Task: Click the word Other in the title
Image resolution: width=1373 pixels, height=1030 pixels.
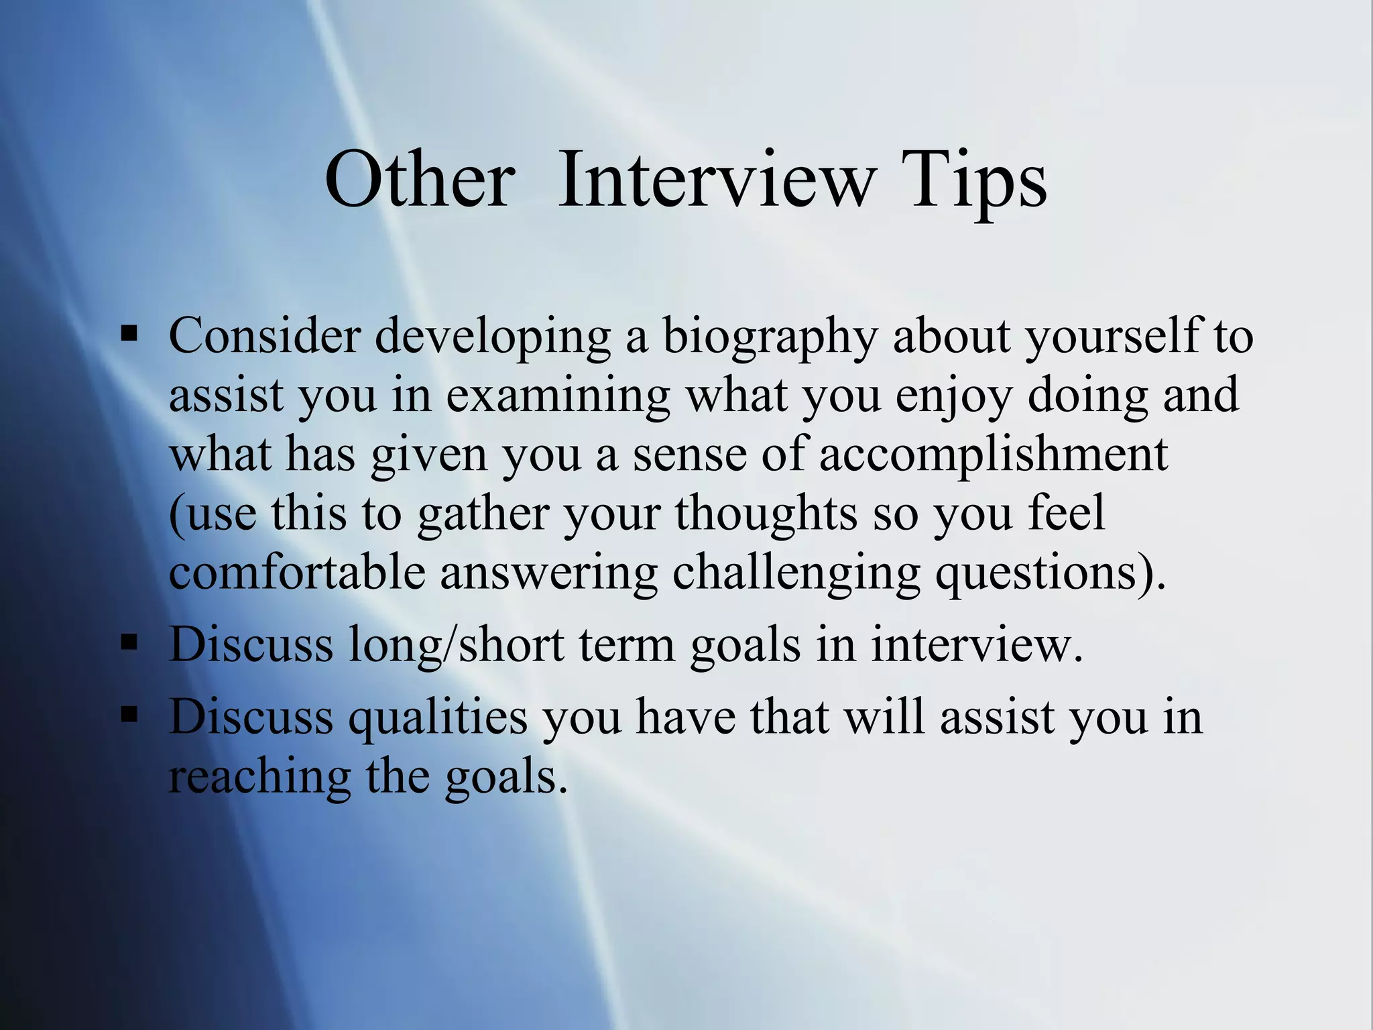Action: [x=420, y=180]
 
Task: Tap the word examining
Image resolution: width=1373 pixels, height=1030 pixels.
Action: [x=558, y=396]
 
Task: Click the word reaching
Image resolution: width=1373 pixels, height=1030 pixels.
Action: [x=259, y=777]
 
